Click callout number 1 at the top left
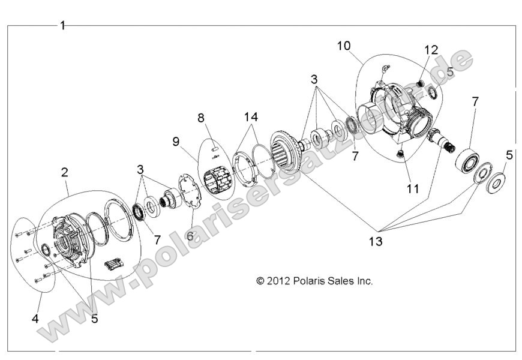pos(63,26)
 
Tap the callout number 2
pos(65,172)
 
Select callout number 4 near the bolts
pos(35,319)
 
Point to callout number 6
pos(190,236)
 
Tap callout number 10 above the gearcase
pos(343,46)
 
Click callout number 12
pos(432,49)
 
